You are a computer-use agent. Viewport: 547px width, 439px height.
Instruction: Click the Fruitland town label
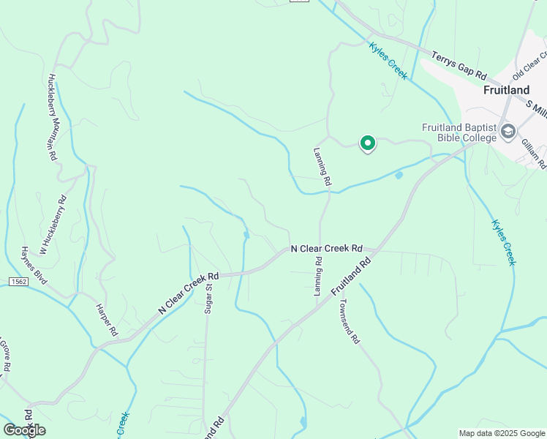coord(506,90)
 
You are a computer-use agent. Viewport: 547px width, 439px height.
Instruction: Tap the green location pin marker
coord(368,144)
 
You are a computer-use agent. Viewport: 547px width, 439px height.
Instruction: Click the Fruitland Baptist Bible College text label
coord(459,132)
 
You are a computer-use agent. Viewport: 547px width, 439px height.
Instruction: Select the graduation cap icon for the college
coord(508,132)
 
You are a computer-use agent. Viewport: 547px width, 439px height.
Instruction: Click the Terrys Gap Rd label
coord(459,65)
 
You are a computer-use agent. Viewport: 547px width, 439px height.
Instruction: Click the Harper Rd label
coord(107,319)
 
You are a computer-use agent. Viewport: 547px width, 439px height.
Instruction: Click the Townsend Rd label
coord(349,320)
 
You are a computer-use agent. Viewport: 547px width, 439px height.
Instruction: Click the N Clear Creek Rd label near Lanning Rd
coord(327,249)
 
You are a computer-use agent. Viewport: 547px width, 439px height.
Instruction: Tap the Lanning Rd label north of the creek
coord(322,165)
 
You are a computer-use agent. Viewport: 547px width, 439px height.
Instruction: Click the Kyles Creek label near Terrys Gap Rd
coord(388,61)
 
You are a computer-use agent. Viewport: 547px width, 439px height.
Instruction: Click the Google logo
coord(24,430)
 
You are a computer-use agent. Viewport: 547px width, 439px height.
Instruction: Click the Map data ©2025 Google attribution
coord(501,433)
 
